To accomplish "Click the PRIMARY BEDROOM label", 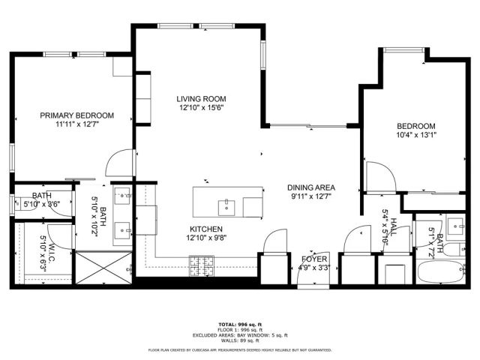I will coord(77,115).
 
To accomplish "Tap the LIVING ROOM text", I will coord(201,99).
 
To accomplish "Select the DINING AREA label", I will coord(310,187).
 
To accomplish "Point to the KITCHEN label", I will coord(206,229).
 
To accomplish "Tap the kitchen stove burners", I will coord(200,262).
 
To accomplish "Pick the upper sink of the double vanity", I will coord(123,196).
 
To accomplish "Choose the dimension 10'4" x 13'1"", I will coord(415,135).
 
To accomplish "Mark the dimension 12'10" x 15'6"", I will coord(201,108).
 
